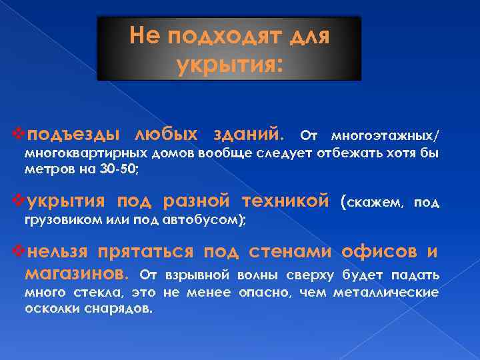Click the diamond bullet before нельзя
click(18, 252)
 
